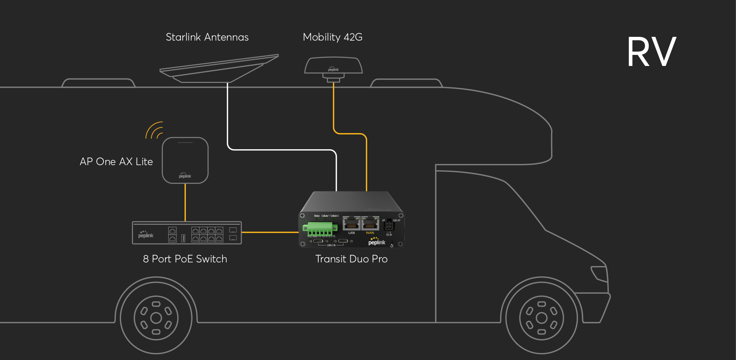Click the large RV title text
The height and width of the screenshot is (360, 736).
tap(651, 52)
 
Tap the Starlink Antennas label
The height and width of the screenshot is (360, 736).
tap(207, 37)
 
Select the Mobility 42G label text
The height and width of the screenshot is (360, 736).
tap(332, 37)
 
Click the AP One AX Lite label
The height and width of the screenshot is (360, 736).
tap(116, 162)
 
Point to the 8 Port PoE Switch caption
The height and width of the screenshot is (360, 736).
tap(185, 259)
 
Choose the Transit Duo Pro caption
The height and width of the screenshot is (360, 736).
tap(351, 259)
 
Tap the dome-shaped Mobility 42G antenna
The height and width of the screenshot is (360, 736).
tap(333, 66)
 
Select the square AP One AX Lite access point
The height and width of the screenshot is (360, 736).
tap(185, 160)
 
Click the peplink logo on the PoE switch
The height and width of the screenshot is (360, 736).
tap(146, 235)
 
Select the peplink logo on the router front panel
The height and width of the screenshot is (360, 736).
tap(376, 242)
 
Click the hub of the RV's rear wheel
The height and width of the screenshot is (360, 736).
tap(156, 318)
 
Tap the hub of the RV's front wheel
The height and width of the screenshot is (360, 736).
tap(542, 318)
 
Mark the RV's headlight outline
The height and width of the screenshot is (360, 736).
tap(599, 273)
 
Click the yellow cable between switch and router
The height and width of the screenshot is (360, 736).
tap(270, 233)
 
